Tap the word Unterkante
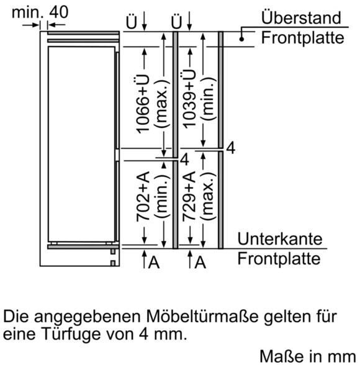[280, 238]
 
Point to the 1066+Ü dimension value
[142, 104]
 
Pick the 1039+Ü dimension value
[189, 99]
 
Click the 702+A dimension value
[142, 196]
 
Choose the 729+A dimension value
[189, 196]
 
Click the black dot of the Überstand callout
[241, 39]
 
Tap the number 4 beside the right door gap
[231, 148]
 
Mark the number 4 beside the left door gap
[184, 160]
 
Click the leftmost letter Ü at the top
[131, 22]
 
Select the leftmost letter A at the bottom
[154, 263]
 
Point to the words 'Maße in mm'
[308, 356]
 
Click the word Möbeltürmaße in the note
[202, 317]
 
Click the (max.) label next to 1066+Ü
[162, 104]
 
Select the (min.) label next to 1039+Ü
[209, 99]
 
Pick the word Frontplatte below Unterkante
[279, 258]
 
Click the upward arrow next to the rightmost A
[190, 259]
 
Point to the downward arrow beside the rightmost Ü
[189, 21]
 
